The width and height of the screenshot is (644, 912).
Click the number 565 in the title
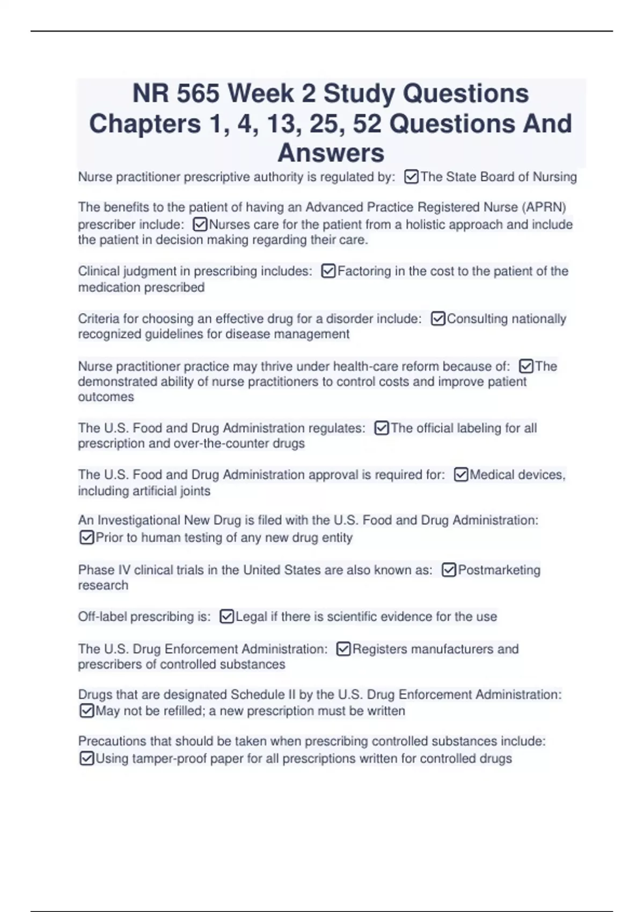coord(197,93)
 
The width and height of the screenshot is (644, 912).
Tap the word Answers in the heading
coord(331,153)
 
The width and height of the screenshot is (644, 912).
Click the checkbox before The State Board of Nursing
coord(411,176)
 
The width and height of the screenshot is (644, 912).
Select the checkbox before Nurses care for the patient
coord(200,224)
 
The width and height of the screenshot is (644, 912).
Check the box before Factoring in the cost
coord(328,271)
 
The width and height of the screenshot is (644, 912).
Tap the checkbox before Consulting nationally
coord(438,319)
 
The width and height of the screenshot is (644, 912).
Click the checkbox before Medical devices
coord(460,475)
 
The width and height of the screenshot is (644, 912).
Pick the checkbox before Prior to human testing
coord(86,538)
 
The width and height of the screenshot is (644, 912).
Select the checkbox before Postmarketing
coord(449,570)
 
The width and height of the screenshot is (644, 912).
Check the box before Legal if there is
coord(226,617)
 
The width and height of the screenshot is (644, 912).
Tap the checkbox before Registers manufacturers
coord(343,649)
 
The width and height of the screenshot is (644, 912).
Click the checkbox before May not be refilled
coord(86,711)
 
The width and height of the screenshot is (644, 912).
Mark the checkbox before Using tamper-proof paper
coord(86,759)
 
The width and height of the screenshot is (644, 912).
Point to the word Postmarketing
coord(499,570)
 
